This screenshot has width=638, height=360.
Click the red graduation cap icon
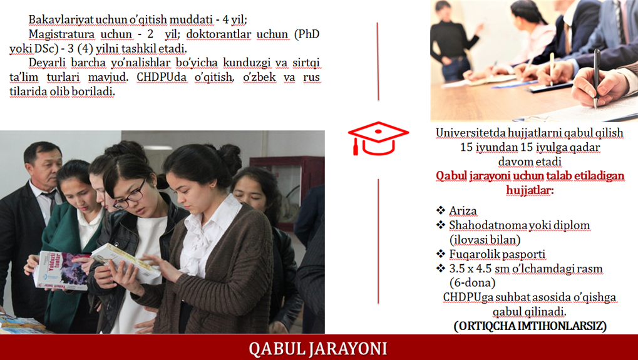(x=378, y=138)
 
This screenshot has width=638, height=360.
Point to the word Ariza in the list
(x=463, y=211)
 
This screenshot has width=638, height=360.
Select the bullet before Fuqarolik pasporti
(x=441, y=254)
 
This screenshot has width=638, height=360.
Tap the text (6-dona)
(x=472, y=282)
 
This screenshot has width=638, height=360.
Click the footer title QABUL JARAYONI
(x=318, y=349)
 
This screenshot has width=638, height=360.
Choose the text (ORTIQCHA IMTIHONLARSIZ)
(x=530, y=326)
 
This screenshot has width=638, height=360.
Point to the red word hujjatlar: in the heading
(x=530, y=190)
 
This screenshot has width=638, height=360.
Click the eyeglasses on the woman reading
(x=131, y=197)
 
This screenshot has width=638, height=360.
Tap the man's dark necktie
(x=52, y=203)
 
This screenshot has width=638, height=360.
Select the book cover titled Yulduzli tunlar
(x=61, y=270)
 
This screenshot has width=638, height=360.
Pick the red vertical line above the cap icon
(x=378, y=61)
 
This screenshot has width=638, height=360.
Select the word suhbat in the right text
(x=512, y=297)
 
